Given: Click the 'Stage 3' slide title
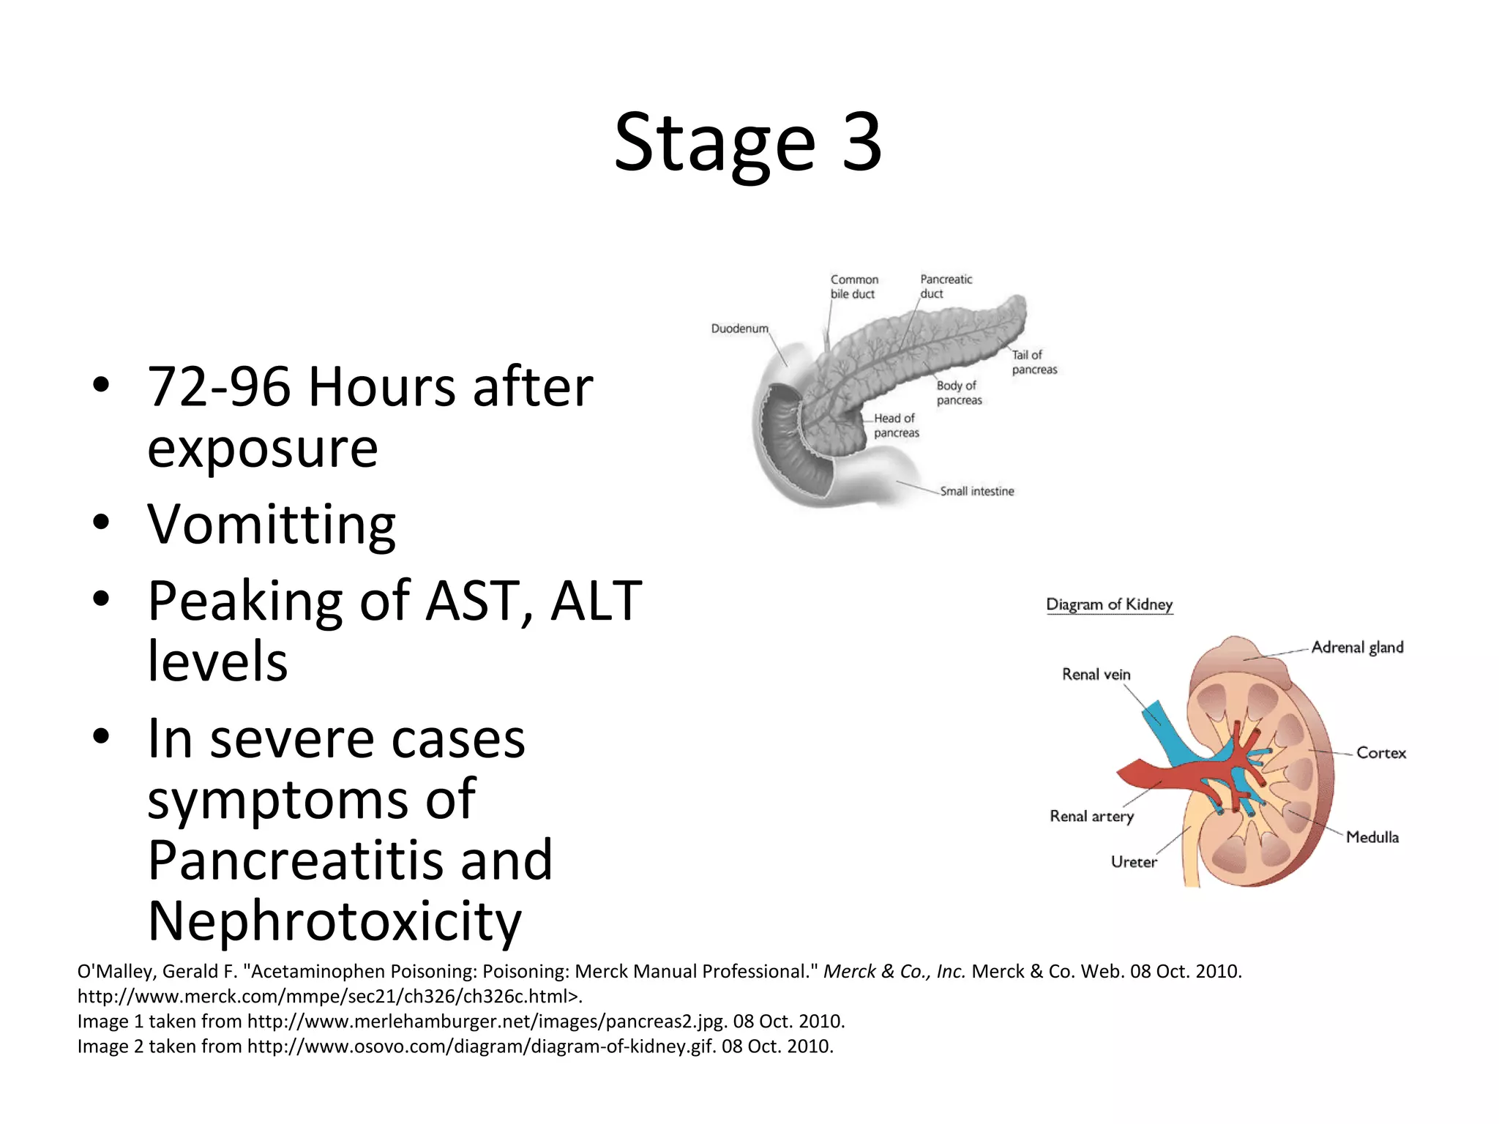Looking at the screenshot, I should pos(747,143).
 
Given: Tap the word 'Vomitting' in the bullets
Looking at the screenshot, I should pos(272,525).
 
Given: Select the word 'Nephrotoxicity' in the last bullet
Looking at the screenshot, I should pos(334,921).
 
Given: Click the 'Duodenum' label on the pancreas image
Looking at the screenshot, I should pos(739,329).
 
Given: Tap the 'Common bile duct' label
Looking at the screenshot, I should pos(853,287).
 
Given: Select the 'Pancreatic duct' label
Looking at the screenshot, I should pos(946,286).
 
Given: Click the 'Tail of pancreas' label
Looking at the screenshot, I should pos(1033,362).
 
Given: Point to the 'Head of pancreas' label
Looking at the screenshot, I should pos(896,425).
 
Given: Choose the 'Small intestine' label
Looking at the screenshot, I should pos(976,491).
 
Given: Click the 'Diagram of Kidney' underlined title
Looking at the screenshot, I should pos(1109,604).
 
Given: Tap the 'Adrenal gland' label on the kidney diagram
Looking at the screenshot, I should pos(1357,647).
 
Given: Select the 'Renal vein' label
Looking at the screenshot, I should pos(1096,674).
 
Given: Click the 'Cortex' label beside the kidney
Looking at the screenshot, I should pos(1380,752).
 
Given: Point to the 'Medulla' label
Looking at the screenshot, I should pos(1372,836).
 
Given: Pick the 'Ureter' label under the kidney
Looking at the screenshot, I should pos(1134,861).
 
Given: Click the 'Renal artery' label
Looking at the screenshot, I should pos(1091,816).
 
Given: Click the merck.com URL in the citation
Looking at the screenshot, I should pos(329,996).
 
